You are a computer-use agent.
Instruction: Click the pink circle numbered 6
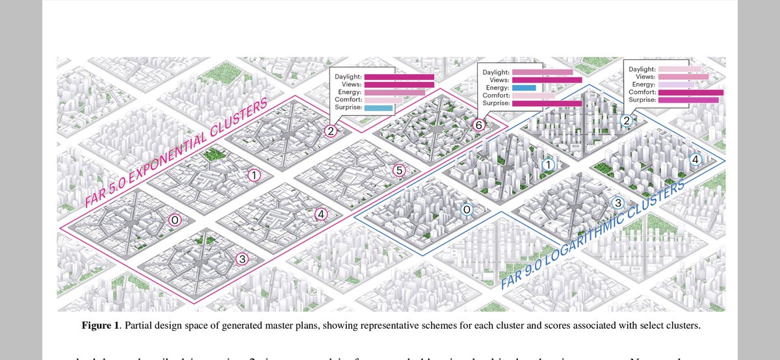coord(479,124)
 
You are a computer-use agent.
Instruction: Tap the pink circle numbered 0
coord(174,220)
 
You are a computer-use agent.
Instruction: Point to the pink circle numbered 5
coord(399,170)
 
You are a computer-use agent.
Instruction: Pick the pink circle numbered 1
coord(254,175)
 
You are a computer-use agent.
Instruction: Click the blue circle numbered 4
coord(695,159)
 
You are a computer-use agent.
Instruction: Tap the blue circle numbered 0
coord(465,209)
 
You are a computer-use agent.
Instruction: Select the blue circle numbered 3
coord(617,203)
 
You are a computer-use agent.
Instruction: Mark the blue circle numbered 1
coord(548,166)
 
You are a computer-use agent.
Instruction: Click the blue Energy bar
coord(523,87)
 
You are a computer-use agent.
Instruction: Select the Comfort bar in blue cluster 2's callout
coord(690,92)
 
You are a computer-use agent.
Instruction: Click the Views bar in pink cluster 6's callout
coord(547,79)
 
